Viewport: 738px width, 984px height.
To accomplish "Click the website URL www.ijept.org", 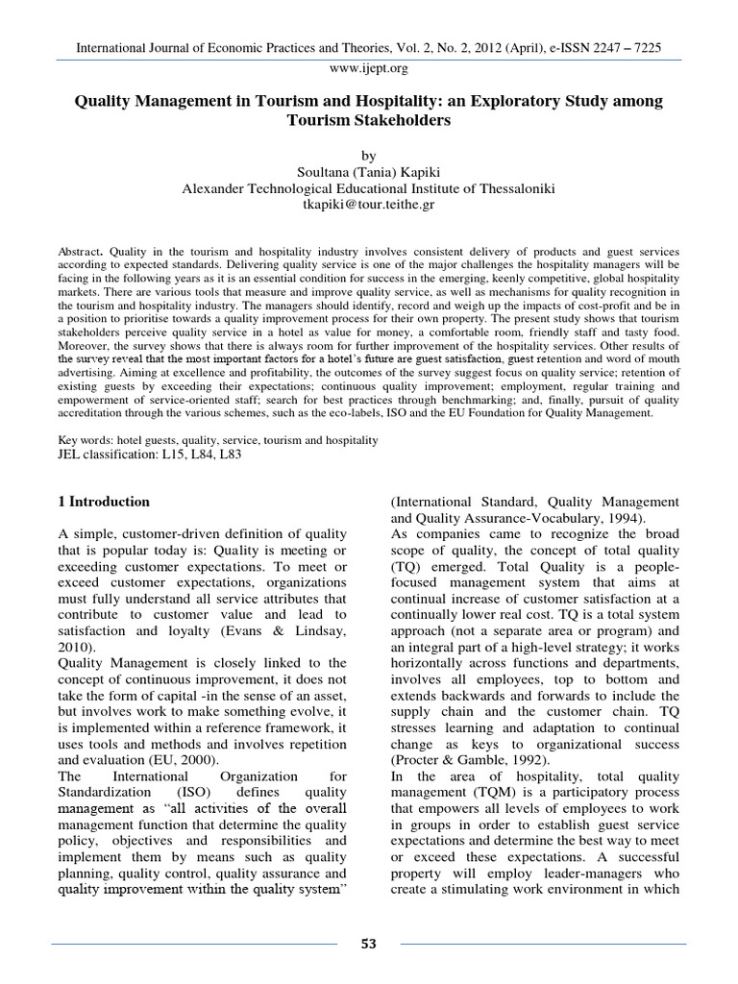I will coord(369,69).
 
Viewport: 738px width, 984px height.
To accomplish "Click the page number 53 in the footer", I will coord(368,944).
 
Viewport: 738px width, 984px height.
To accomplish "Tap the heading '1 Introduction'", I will coord(102,502).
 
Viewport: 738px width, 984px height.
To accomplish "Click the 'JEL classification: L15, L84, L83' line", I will coord(149,455).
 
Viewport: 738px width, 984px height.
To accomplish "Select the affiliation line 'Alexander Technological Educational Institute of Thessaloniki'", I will coord(369,188).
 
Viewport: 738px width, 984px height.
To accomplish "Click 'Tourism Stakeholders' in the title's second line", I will coord(369,121).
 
